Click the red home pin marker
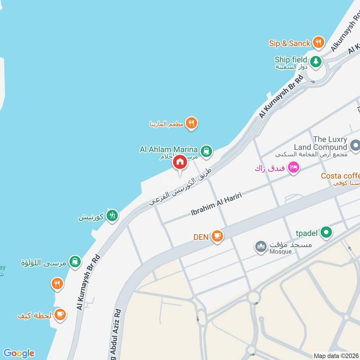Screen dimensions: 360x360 [180, 162]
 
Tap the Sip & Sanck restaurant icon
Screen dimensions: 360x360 [319, 43]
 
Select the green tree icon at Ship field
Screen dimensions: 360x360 [316, 61]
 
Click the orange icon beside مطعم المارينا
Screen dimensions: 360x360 [192, 123]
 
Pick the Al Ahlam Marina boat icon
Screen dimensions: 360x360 [206, 151]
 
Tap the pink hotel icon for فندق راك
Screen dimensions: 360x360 [293, 167]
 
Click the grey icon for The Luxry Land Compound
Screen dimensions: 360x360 [355, 145]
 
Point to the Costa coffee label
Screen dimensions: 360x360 [340, 176]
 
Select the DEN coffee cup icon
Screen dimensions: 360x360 [217, 236]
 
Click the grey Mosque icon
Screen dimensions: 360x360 [261, 247]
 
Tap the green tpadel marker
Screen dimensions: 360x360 [328, 232]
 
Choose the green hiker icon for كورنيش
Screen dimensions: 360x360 [112, 216]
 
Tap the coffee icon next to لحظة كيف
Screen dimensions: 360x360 [60, 314]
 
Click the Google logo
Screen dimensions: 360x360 [18, 353]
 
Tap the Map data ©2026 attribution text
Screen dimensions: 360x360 [336, 355]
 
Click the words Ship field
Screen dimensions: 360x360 [291, 59]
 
